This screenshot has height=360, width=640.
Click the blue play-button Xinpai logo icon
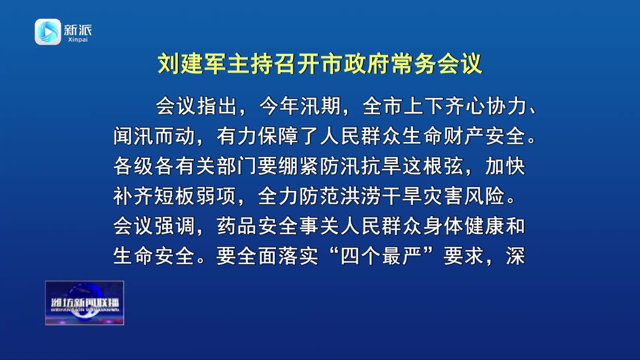tap(48, 32)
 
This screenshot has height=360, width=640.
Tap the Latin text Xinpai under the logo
tap(78, 40)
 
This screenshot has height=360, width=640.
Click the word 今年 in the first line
tap(279, 106)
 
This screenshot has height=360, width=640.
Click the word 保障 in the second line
tap(278, 136)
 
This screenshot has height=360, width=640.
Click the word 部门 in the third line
tap(237, 166)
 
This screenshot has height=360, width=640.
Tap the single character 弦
tap(454, 166)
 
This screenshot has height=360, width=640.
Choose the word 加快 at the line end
tap(505, 166)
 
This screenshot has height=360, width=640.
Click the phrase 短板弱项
tap(195, 196)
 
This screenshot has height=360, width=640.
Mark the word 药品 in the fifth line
tap(237, 226)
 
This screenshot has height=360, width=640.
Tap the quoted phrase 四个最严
tap(381, 256)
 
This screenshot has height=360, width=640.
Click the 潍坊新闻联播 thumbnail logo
tap(85, 303)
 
